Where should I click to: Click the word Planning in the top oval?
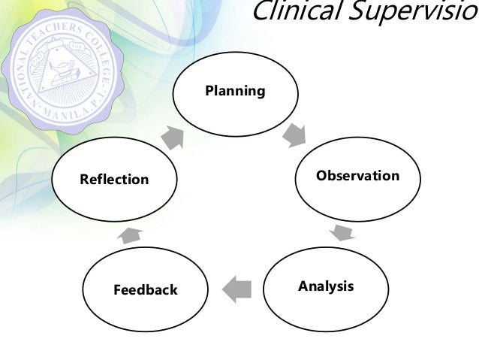[x=235, y=92]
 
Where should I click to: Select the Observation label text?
[x=357, y=176]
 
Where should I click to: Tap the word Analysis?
[x=326, y=286]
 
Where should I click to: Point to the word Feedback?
[x=145, y=289]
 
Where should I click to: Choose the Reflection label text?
[x=115, y=180]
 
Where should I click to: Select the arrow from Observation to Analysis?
[x=342, y=231]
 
